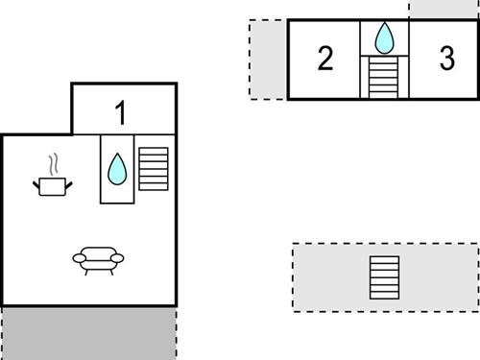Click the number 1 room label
pos(121,113)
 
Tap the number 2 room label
pos(325,59)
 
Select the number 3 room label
pos(446,59)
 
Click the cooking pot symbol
pos(54,184)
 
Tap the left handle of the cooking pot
pos(36,180)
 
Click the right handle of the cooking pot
pos(71,180)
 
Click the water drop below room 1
pos(117,170)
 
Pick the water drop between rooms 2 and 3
pos(384,38)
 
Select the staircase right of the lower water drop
pos(154,169)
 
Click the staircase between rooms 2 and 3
pos(384,77)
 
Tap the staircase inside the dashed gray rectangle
pos(384,277)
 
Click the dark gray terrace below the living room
pos(88,332)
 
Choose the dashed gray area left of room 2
pos(268,59)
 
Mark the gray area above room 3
pos(444,9)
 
